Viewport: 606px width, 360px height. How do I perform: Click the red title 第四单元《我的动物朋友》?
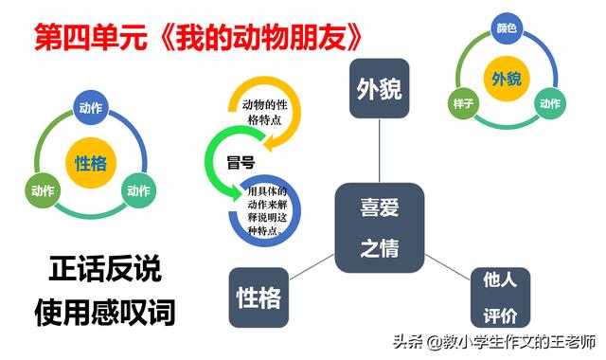click(x=198, y=37)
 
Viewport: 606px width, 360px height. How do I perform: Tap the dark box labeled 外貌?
click(x=379, y=88)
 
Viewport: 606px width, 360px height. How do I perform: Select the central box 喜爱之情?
click(x=380, y=227)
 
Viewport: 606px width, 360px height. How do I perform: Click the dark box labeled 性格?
click(x=258, y=297)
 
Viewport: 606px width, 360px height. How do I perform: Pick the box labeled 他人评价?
click(x=500, y=297)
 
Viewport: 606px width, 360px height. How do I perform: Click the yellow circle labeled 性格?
click(x=91, y=163)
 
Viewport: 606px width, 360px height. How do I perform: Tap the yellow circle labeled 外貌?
click(x=507, y=79)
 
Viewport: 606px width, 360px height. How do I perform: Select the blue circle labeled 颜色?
click(x=507, y=28)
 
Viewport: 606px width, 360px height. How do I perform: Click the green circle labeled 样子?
click(x=463, y=103)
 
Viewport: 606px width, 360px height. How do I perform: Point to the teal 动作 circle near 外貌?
click(x=550, y=103)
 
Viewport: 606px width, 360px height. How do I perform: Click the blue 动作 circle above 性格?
click(x=91, y=107)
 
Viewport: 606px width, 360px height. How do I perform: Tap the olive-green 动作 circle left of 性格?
click(x=43, y=190)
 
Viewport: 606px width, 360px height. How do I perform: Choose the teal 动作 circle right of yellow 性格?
click(x=139, y=190)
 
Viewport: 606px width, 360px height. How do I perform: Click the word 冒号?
click(x=241, y=162)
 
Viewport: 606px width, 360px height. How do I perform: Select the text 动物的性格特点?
click(x=265, y=112)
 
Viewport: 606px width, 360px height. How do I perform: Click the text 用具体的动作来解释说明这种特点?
click(x=267, y=210)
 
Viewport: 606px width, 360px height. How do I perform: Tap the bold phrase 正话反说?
click(x=105, y=269)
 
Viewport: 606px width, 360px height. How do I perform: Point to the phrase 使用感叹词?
click(x=105, y=312)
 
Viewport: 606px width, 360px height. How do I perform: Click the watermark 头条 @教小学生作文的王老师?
click(x=494, y=342)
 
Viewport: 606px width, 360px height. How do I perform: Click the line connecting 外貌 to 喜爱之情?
click(x=379, y=151)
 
